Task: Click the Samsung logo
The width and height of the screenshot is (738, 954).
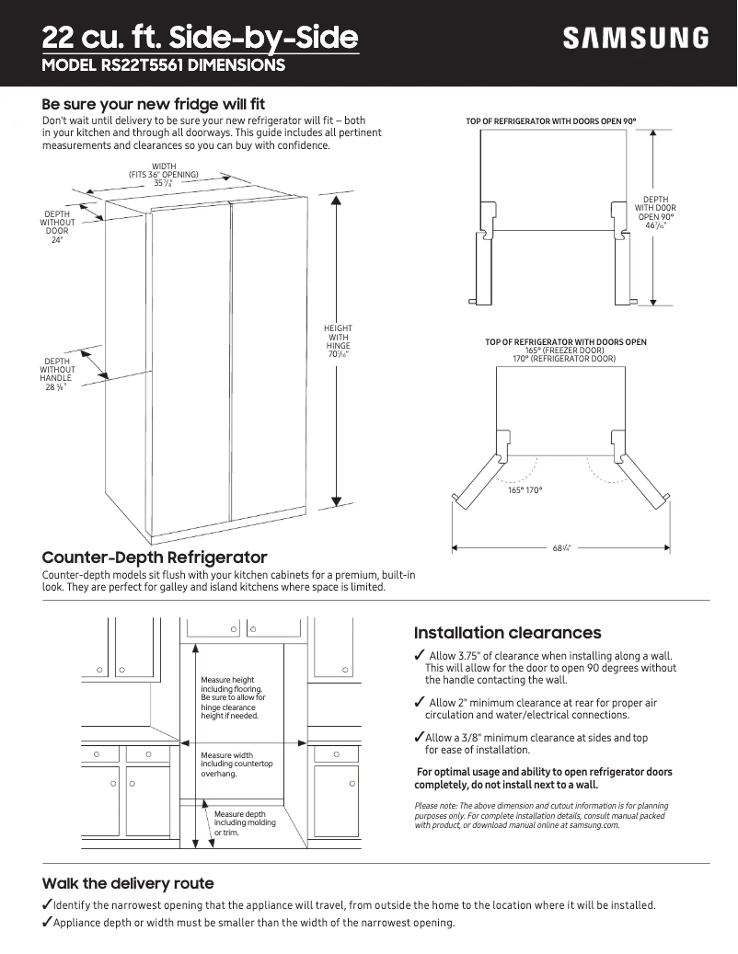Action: [x=636, y=38]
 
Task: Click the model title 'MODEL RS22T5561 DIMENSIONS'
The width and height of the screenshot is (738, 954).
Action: [x=164, y=66]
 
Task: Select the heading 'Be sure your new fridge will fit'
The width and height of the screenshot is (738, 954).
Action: [x=154, y=104]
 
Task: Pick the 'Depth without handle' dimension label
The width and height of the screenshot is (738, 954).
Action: [x=57, y=374]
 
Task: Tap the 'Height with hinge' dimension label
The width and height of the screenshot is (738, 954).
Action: [x=338, y=341]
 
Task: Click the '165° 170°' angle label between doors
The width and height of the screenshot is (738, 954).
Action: [x=525, y=489]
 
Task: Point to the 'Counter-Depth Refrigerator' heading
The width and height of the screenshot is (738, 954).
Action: [x=155, y=557]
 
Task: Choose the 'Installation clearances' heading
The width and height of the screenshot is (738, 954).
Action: [x=507, y=633]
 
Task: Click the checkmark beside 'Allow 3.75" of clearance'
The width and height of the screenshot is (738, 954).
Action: [x=420, y=655]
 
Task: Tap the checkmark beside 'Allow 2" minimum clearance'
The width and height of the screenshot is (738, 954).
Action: [x=420, y=703]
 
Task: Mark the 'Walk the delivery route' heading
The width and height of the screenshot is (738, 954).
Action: [x=128, y=883]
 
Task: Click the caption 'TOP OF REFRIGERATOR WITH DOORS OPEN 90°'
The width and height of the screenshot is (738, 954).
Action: [x=551, y=121]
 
